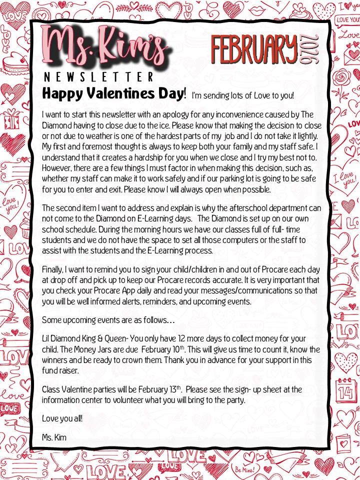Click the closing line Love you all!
tap(62, 417)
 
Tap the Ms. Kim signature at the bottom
tap(54, 437)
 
